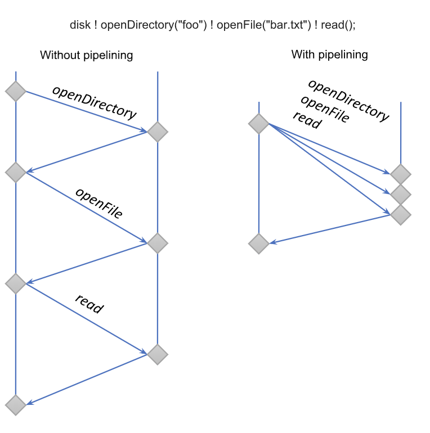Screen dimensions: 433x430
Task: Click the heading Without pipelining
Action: pyautogui.click(x=86, y=55)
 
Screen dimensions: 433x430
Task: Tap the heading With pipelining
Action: pyautogui.click(x=329, y=55)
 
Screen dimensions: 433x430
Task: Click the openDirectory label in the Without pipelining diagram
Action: pyautogui.click(x=94, y=102)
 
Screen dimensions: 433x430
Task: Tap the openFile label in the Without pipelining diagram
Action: pyautogui.click(x=99, y=202)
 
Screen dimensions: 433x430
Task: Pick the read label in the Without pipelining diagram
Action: pyautogui.click(x=89, y=304)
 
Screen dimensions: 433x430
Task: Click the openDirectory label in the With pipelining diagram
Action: pyautogui.click(x=348, y=100)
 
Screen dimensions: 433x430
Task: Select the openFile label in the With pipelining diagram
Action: pyautogui.click(x=325, y=110)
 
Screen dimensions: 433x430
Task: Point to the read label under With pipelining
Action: pyautogui.click(x=307, y=120)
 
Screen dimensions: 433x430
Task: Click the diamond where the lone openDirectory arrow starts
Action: pyautogui.click(x=16, y=91)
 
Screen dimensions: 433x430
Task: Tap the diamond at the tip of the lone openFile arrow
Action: pyautogui.click(x=158, y=243)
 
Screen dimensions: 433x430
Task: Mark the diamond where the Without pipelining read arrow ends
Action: pyautogui.click(x=158, y=354)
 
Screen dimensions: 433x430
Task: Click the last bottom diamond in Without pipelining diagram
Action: pyautogui.click(x=16, y=404)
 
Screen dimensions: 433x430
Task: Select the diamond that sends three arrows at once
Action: pyautogui.click(x=259, y=124)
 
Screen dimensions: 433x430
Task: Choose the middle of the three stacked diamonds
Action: pyautogui.click(x=401, y=194)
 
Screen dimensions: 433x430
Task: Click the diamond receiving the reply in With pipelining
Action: pyautogui.click(x=259, y=243)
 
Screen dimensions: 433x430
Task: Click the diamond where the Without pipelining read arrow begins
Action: pyautogui.click(x=16, y=283)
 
